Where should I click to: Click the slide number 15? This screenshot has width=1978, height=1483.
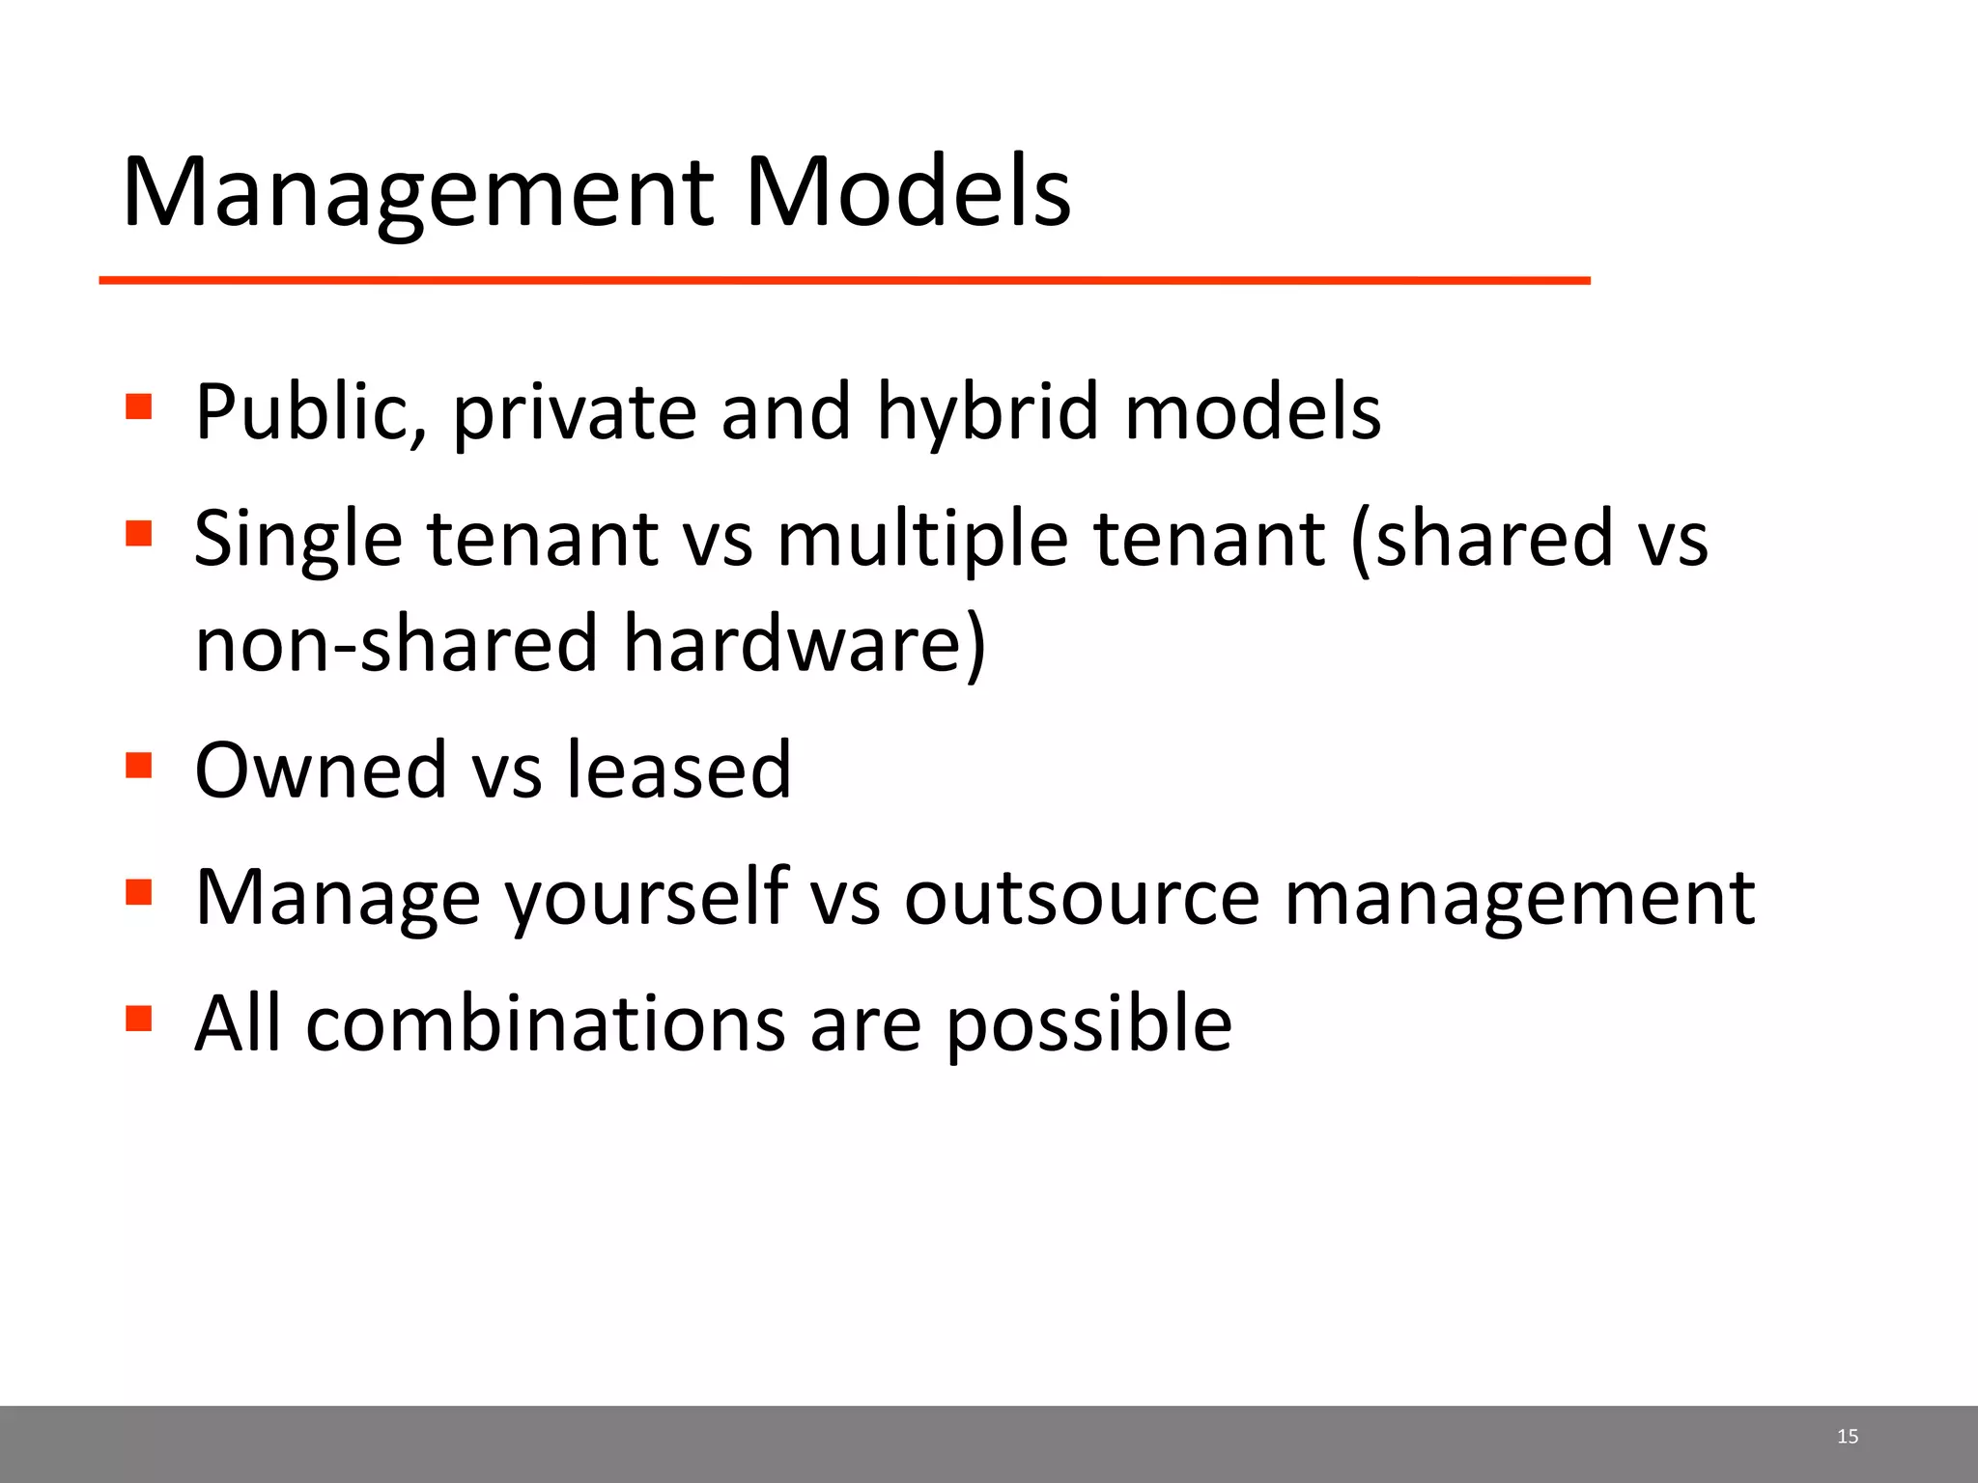click(x=1847, y=1437)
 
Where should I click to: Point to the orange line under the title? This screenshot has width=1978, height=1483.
click(x=844, y=281)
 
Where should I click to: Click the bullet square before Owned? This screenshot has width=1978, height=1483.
click(x=139, y=765)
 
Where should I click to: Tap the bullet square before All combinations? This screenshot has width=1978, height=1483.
click(x=139, y=1018)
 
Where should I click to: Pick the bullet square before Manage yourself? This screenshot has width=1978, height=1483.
click(x=139, y=891)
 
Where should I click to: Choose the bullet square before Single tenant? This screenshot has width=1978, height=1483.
click(x=139, y=533)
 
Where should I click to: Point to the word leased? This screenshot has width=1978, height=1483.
click(x=678, y=770)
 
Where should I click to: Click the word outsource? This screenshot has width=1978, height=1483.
click(x=1082, y=898)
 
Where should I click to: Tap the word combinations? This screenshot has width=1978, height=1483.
click(x=546, y=1023)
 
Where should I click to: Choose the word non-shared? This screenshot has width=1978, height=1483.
click(x=396, y=644)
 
